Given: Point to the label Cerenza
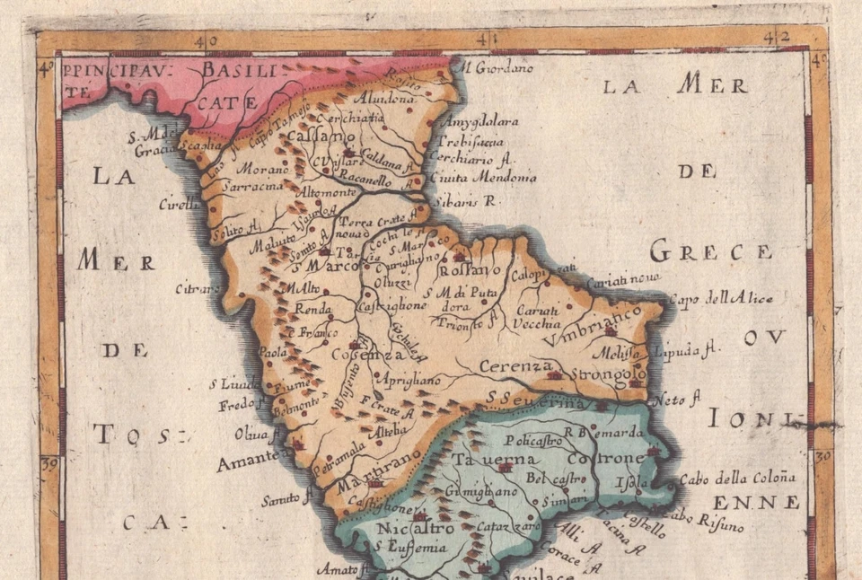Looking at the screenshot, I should pos(515,365).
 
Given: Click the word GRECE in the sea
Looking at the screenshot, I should pos(710,251).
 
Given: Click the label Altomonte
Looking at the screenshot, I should pos(334,191).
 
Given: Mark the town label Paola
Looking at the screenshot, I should pos(272,352).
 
